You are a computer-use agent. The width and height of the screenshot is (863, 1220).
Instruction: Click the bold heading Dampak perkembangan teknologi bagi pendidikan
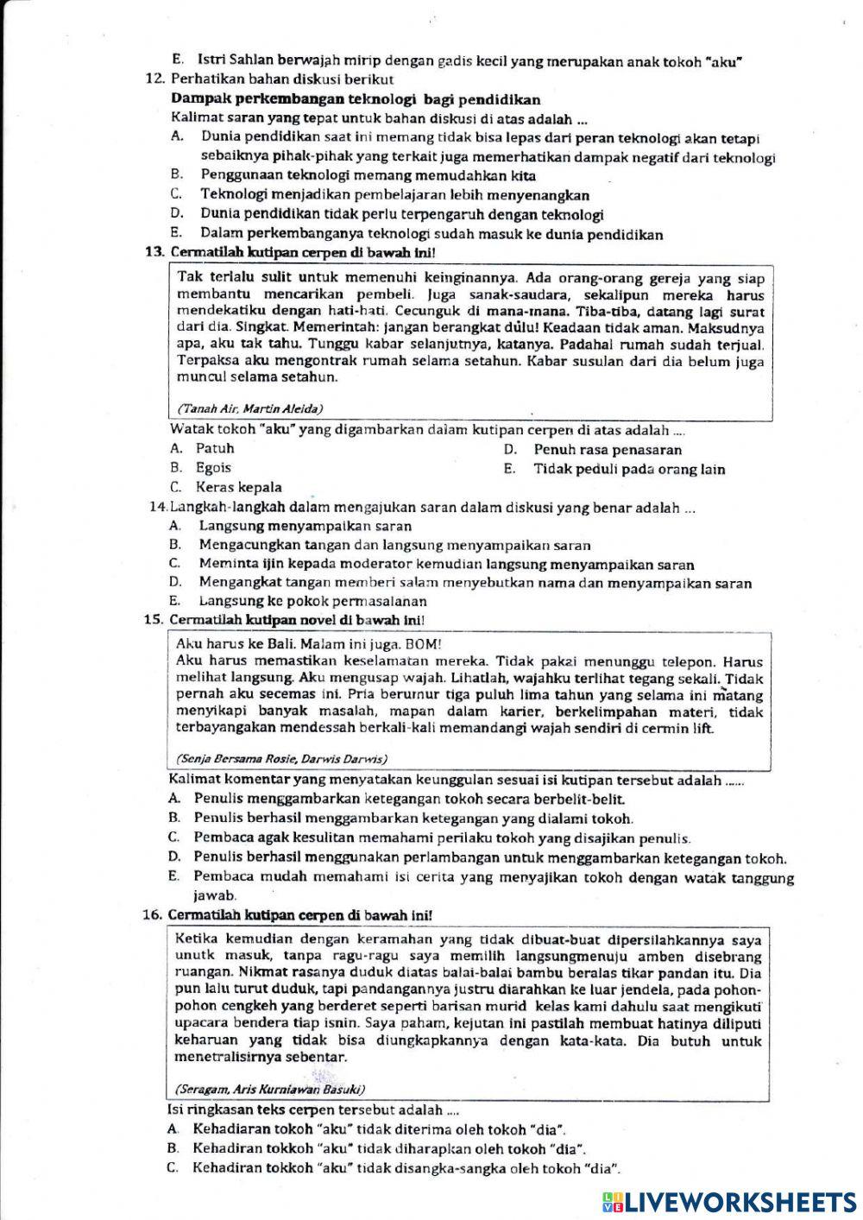356,99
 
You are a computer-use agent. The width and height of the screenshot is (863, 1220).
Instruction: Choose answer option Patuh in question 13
214,448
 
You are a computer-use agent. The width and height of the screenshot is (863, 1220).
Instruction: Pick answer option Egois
213,468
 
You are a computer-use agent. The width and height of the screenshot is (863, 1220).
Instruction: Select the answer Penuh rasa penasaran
607,450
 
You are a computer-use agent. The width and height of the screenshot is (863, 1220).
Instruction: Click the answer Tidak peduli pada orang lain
628,470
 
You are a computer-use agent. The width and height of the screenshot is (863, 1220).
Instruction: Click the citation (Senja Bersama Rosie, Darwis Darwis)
280,759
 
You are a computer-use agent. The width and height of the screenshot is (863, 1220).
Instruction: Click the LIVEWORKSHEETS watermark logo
729,1201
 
